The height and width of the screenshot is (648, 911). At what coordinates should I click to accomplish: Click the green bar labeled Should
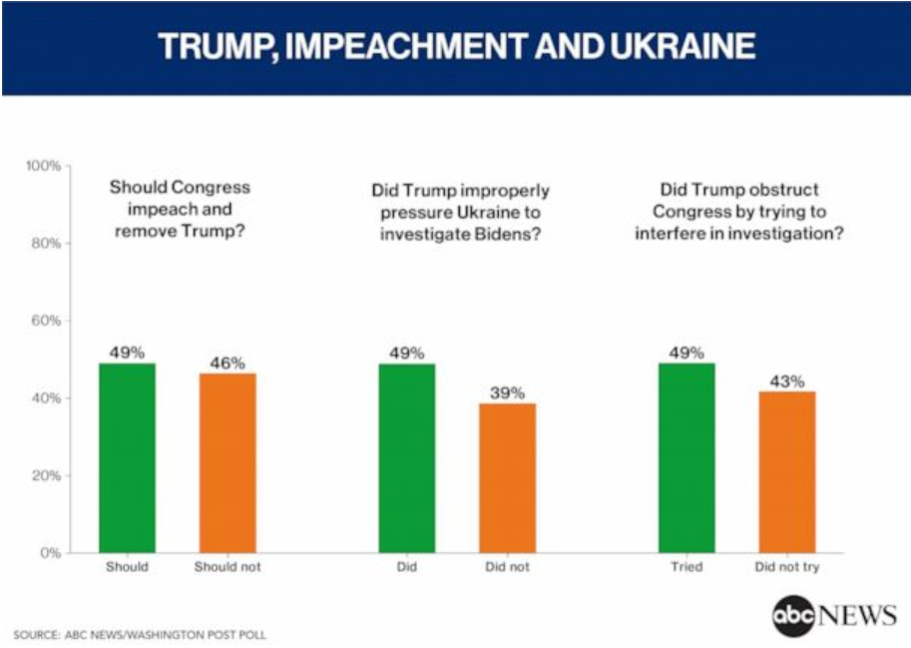[x=128, y=458]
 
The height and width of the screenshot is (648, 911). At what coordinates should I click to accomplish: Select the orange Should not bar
[x=228, y=463]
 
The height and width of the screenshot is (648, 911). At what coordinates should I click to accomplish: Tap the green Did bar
[x=407, y=458]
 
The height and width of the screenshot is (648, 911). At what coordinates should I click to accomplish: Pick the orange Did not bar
[x=508, y=478]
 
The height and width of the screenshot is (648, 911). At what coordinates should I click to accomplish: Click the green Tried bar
[x=686, y=458]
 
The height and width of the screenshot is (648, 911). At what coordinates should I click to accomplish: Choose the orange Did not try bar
[x=787, y=472]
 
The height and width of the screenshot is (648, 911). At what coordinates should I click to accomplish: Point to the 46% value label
[x=228, y=363]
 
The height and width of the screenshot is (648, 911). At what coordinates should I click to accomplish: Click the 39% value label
[x=508, y=393]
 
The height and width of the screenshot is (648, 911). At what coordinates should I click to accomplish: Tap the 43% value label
[x=787, y=381]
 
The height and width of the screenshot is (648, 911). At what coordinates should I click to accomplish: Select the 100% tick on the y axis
[x=44, y=166]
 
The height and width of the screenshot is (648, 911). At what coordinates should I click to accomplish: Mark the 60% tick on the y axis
[x=47, y=321]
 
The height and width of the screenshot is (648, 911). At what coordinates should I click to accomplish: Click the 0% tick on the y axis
[x=51, y=553]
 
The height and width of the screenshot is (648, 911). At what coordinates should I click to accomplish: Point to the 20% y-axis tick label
[x=47, y=475]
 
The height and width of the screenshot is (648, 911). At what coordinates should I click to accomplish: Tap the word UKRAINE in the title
[x=683, y=46]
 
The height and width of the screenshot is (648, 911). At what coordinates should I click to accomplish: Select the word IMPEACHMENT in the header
[x=407, y=46]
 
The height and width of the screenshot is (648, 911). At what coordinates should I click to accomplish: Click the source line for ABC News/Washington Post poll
[x=140, y=635]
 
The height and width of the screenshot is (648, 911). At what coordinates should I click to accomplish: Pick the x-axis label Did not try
[x=787, y=567]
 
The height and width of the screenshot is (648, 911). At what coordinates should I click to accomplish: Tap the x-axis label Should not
[x=228, y=567]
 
